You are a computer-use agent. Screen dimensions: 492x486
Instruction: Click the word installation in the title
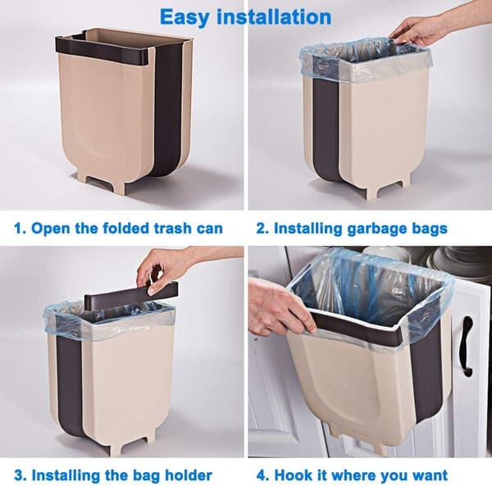click(x=274, y=16)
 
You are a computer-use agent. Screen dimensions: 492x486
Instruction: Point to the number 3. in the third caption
click(x=20, y=475)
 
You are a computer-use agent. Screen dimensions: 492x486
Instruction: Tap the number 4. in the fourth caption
click(x=263, y=475)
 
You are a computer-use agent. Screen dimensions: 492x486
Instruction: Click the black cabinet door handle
click(x=467, y=343)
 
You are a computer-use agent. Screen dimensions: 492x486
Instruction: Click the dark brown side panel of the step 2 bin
click(x=327, y=129)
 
